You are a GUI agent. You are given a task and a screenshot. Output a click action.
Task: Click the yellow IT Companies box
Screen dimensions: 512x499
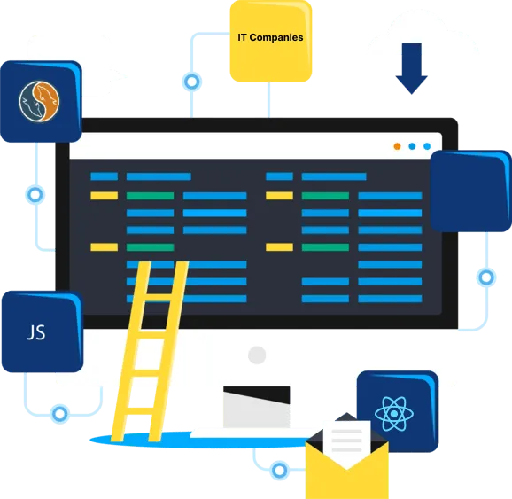point(271,41)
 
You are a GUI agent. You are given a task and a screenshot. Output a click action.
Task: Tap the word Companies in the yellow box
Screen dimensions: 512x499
point(276,38)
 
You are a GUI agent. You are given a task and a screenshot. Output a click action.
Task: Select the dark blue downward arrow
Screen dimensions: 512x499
point(411,68)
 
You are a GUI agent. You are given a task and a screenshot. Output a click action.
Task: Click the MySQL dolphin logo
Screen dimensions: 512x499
point(39,102)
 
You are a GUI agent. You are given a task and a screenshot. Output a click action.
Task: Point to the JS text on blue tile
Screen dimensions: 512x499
point(36,332)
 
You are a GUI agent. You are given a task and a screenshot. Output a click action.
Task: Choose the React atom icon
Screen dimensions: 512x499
point(394,414)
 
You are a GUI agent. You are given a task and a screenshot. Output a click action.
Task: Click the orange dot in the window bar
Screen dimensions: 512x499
point(397,146)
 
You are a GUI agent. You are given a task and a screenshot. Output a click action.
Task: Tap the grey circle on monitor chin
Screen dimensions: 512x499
point(257,355)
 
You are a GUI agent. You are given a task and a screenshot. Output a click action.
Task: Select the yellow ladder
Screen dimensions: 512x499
point(151,351)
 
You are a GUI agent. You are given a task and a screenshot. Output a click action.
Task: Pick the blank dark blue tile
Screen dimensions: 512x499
point(471,191)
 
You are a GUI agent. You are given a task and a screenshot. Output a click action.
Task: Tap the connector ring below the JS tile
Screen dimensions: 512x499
point(60,414)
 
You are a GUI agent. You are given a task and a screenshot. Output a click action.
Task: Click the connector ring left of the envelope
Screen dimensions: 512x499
point(280,471)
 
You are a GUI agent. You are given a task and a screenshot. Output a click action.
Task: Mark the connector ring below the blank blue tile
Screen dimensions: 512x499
point(486,277)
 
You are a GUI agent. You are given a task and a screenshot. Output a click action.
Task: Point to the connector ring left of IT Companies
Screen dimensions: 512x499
point(191,82)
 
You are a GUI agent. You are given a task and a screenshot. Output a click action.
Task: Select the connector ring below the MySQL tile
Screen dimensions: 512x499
point(35,195)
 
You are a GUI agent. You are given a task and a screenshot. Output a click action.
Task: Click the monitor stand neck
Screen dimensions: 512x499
point(257,407)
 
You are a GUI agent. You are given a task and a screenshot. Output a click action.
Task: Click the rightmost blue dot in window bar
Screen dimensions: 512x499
point(427,146)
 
